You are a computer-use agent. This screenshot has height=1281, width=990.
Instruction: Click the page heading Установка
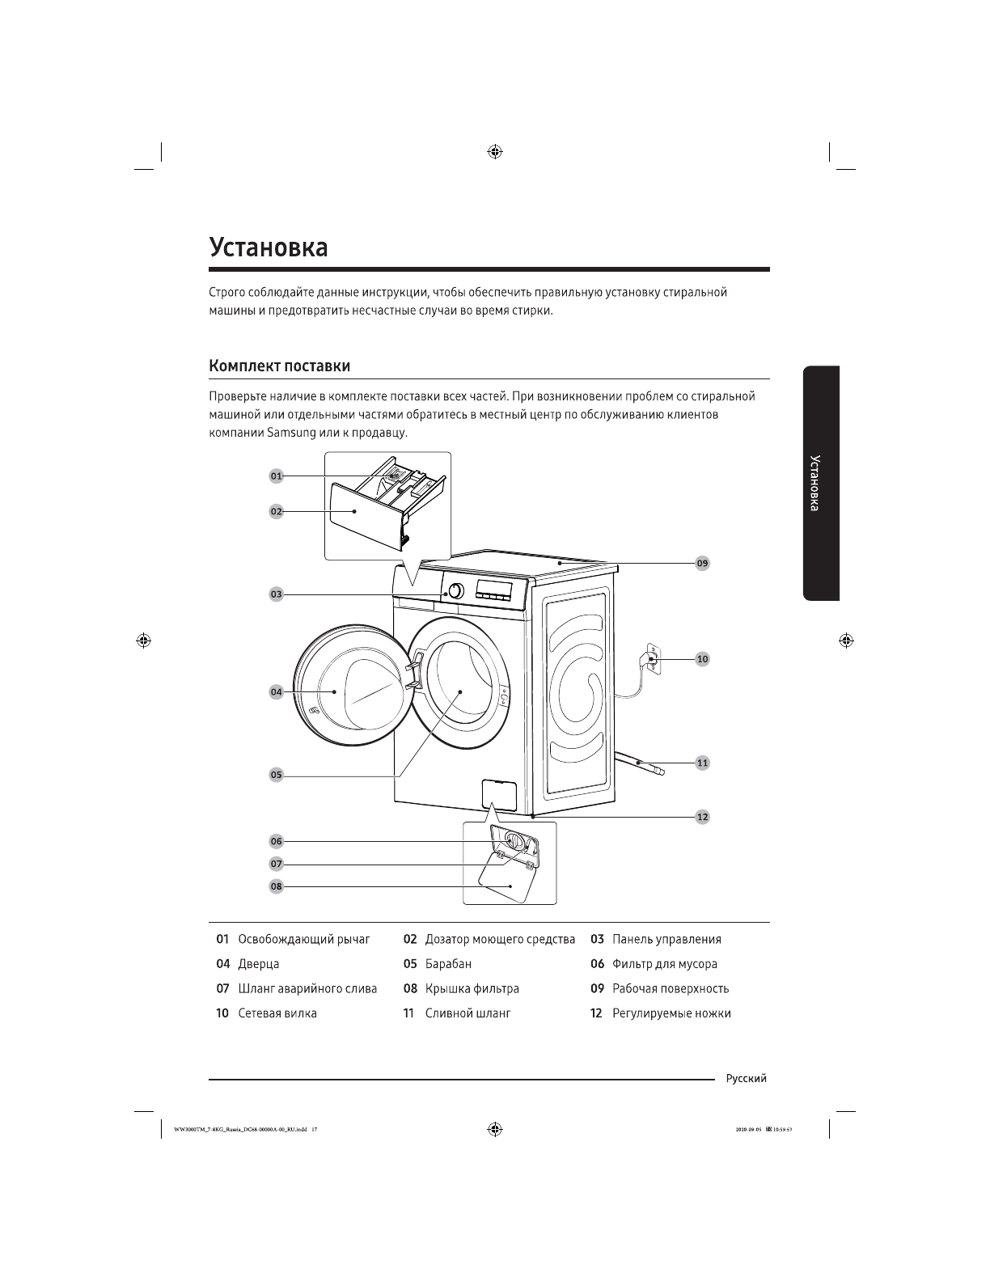click(269, 247)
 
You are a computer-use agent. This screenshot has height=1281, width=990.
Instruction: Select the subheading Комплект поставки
click(279, 366)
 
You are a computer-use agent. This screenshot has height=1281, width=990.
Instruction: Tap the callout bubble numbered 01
click(277, 476)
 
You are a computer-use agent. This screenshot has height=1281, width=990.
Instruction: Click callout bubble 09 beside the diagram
click(702, 563)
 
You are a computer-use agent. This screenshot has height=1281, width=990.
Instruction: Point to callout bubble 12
click(702, 817)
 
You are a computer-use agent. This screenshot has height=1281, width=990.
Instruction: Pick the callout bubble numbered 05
click(277, 775)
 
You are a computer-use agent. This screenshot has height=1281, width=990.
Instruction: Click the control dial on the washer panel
click(455, 590)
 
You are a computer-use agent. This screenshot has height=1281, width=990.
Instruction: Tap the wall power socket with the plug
click(651, 658)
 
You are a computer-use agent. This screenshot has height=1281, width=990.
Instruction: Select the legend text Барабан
click(448, 964)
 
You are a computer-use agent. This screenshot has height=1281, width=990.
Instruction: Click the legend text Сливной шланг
click(467, 1013)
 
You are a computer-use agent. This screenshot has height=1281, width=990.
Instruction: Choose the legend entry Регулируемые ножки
click(671, 1013)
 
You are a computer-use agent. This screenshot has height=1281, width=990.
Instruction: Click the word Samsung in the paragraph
click(292, 433)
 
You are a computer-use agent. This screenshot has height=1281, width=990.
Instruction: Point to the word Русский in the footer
click(746, 1079)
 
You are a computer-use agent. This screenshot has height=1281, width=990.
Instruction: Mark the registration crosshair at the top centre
click(495, 152)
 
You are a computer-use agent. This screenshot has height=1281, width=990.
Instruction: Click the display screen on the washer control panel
click(494, 586)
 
